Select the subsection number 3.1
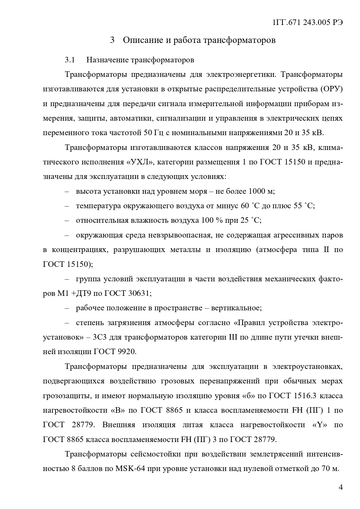click(x=70, y=60)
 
